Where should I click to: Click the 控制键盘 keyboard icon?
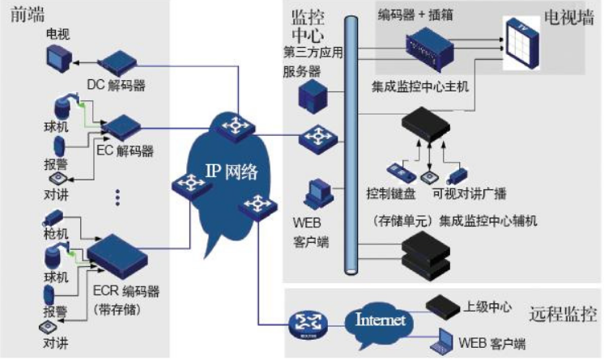[x=402, y=173]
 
